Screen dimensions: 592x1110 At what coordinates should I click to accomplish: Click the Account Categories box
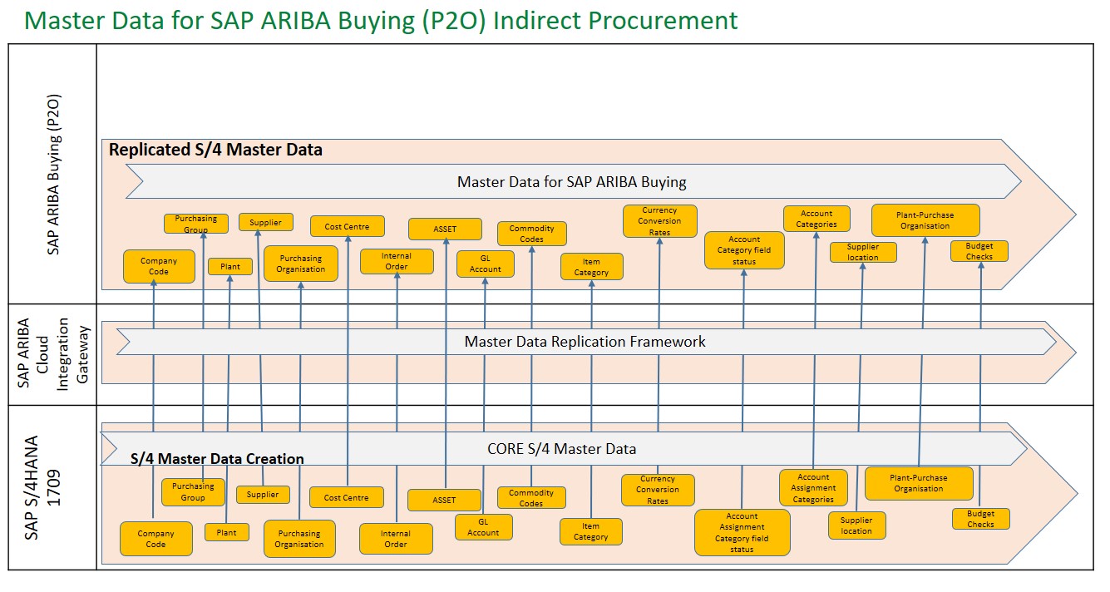816,219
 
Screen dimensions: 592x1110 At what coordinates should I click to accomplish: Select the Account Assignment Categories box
813,488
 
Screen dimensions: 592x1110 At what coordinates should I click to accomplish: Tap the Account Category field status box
744,250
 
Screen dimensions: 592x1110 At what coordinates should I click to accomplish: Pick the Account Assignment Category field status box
742,532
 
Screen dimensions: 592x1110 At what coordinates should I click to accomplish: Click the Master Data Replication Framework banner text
585,342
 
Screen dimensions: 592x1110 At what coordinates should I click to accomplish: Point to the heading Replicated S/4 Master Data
215,150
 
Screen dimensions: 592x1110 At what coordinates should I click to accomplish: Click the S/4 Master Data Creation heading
217,459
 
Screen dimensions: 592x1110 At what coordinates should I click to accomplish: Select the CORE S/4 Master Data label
561,449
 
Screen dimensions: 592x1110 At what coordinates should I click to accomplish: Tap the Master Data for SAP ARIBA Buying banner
571,181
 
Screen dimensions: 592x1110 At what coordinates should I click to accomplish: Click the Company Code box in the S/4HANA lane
155,539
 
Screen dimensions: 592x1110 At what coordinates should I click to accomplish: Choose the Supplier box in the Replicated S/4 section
265,222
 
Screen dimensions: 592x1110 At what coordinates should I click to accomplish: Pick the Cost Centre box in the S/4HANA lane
346,497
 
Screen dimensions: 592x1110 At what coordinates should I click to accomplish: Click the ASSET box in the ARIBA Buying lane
445,229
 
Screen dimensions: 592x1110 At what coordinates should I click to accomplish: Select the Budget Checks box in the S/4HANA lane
980,519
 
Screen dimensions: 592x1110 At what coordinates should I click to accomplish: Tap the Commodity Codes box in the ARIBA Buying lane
531,234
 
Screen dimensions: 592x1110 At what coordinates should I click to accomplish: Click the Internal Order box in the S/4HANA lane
396,539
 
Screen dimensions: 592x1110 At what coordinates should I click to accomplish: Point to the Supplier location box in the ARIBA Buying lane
862,252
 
